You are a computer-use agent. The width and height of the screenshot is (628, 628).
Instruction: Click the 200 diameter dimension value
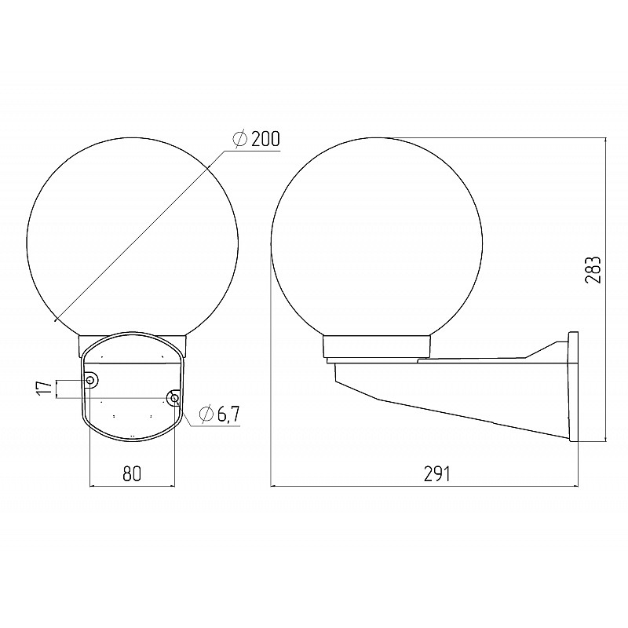[265, 139]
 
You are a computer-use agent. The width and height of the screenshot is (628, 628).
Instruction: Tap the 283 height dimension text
[593, 270]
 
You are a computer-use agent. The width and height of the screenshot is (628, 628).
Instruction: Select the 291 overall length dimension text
[437, 474]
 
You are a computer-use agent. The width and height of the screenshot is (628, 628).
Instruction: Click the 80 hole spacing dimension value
[132, 474]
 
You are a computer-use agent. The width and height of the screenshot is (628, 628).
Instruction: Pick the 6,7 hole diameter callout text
[228, 414]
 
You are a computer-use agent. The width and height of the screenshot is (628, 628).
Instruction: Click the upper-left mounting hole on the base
[91, 380]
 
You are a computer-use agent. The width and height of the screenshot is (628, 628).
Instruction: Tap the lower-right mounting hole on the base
[174, 398]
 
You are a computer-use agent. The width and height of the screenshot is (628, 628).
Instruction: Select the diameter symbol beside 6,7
[206, 414]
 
